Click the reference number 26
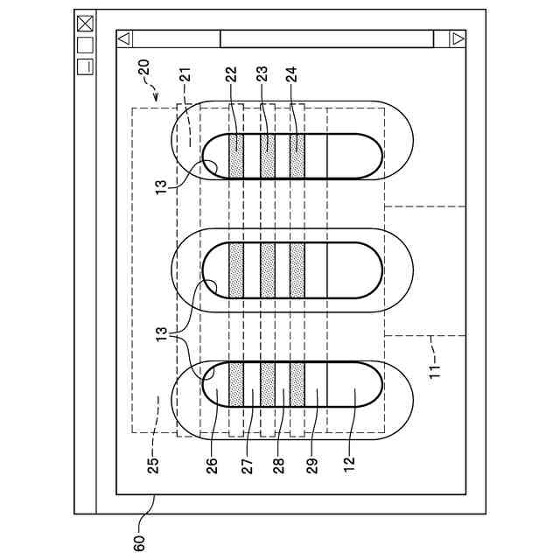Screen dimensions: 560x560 click(213, 461)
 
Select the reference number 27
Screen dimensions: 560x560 click(248, 461)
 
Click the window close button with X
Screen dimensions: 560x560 click(85, 24)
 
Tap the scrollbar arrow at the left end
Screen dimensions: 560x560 click(124, 38)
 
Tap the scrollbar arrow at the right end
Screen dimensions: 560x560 click(457, 38)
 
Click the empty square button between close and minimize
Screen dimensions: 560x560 click(85, 45)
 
